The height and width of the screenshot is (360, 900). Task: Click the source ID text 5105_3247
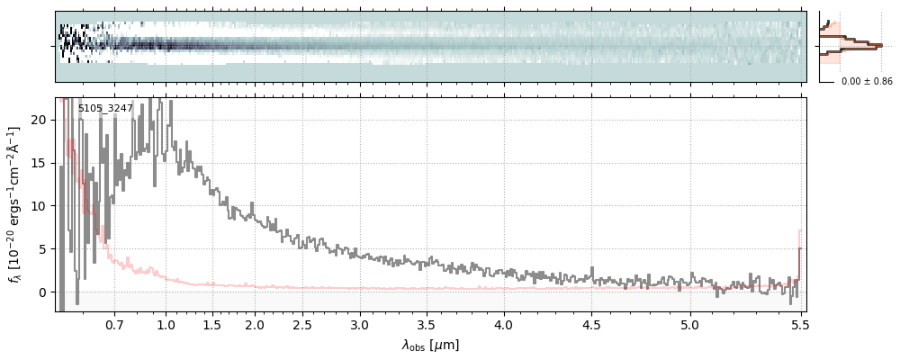pyautogui.click(x=105, y=109)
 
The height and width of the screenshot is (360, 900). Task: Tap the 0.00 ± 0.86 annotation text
pyautogui.click(x=867, y=82)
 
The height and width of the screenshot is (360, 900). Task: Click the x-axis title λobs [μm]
pyautogui.click(x=430, y=345)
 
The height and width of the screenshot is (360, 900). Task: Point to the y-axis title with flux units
pyautogui.click(x=15, y=203)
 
